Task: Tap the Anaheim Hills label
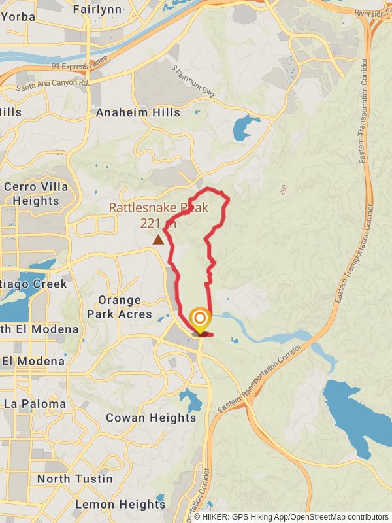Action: (x=138, y=112)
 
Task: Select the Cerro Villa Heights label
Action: (x=36, y=194)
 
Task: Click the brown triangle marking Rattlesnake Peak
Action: (x=158, y=240)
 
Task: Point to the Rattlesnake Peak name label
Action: (x=158, y=209)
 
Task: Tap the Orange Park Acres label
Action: (x=120, y=307)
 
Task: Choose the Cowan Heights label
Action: (x=151, y=418)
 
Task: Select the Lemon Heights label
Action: (x=120, y=504)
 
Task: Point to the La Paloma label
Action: (x=35, y=404)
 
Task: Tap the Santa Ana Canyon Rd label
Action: (x=52, y=84)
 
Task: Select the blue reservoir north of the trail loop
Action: (x=245, y=127)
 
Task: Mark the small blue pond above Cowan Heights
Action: (x=191, y=399)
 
